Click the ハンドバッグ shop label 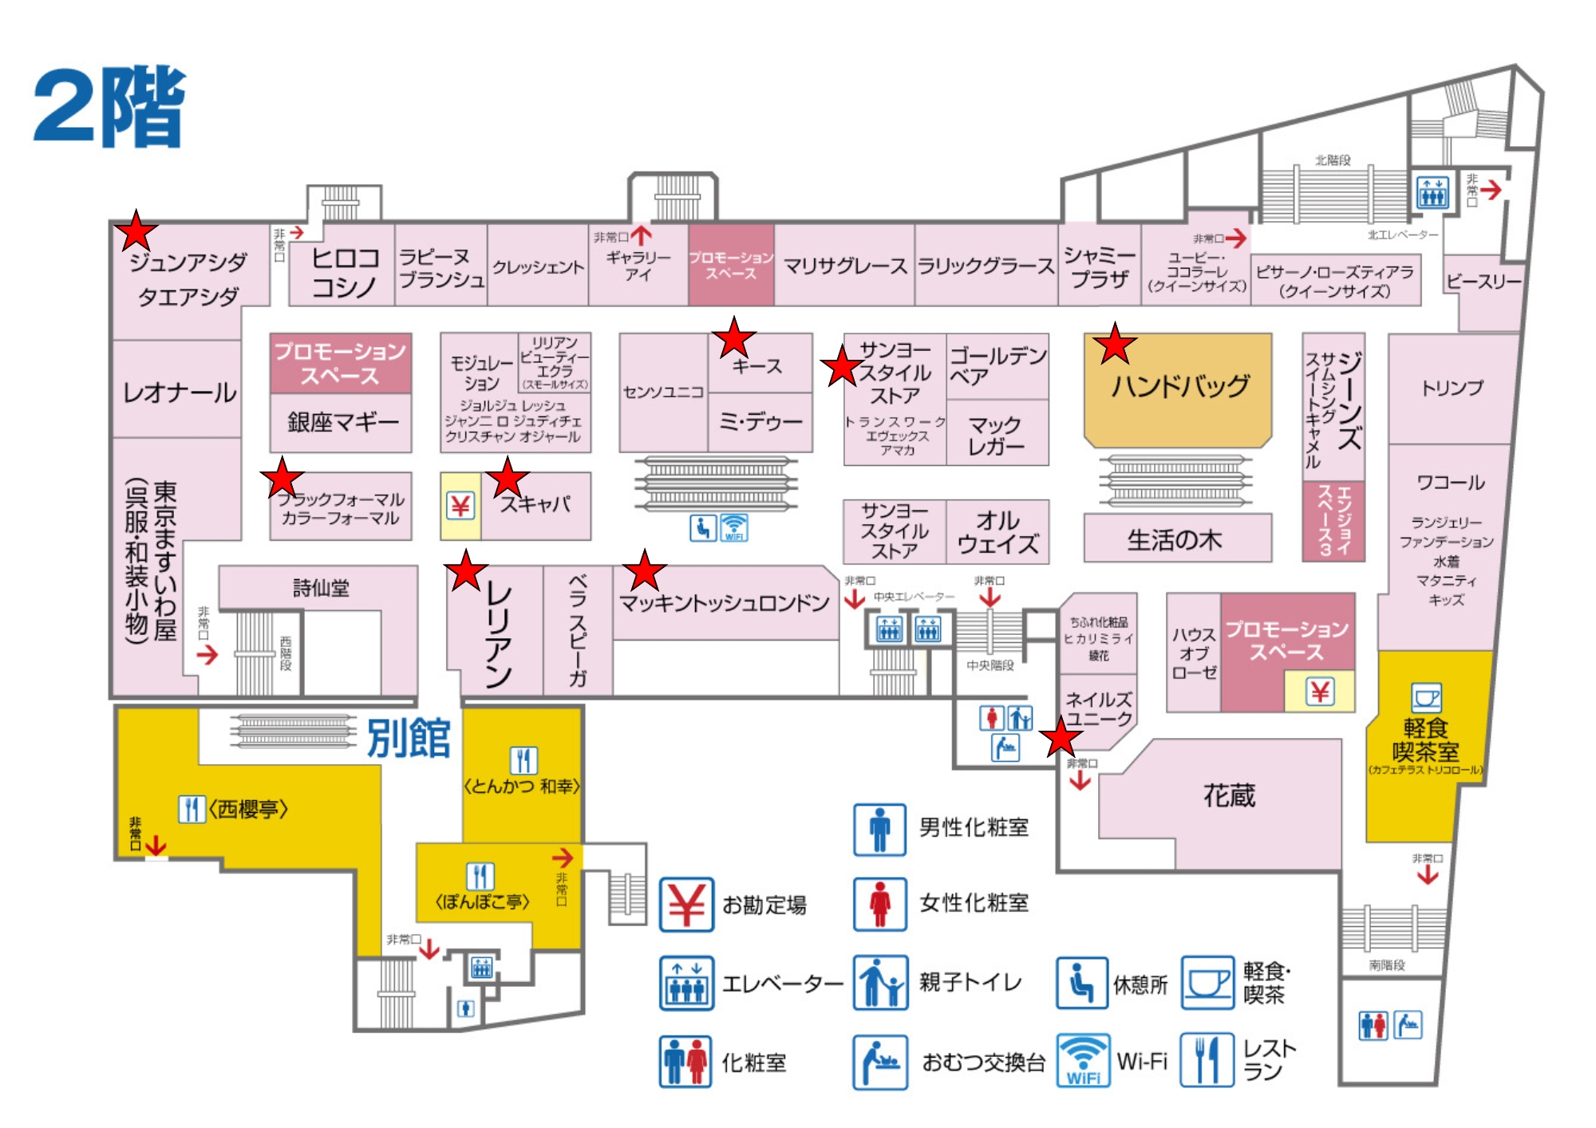click(1179, 387)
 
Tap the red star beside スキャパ click(508, 479)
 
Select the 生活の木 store click(1175, 540)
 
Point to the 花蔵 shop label click(1229, 795)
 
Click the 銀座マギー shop click(342, 422)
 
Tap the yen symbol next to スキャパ click(460, 506)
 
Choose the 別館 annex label click(408, 738)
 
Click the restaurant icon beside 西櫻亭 click(192, 809)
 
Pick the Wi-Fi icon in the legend click(1083, 1061)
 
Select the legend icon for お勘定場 click(686, 905)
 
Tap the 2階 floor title click(109, 107)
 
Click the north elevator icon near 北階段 click(1432, 192)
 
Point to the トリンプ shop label click(1452, 388)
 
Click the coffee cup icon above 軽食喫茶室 click(1426, 698)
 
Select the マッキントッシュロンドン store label click(724, 603)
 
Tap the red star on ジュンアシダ click(136, 231)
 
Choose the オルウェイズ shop click(997, 532)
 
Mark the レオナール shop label click(180, 392)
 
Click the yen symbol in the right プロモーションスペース click(1320, 692)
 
